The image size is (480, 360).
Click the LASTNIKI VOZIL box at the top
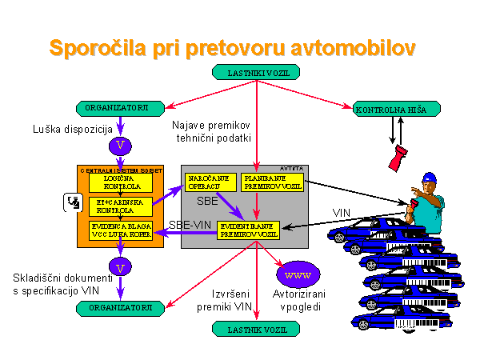tap(255, 72)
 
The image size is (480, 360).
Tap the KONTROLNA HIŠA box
tap(390, 108)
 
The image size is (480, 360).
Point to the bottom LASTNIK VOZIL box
tap(255, 328)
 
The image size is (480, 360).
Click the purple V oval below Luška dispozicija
tap(121, 146)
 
